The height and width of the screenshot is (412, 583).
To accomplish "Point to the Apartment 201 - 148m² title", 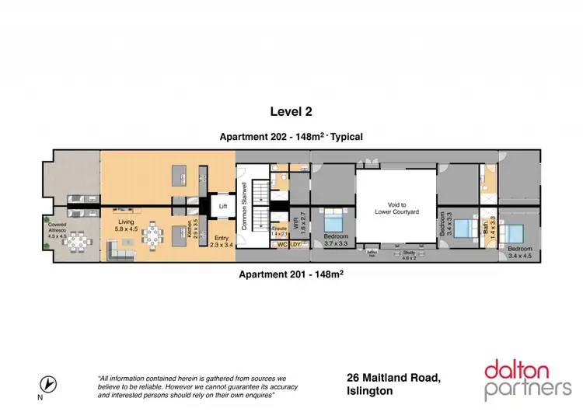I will [x=291, y=274].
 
